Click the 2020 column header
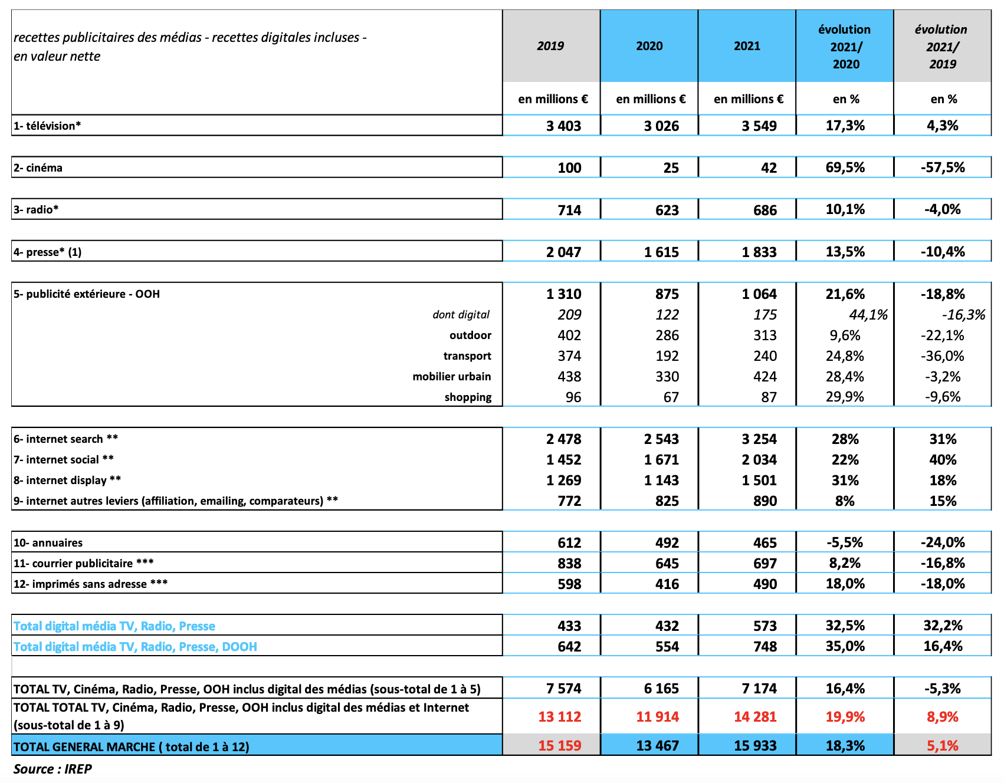pyautogui.click(x=649, y=46)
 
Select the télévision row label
pyautogui.click(x=47, y=126)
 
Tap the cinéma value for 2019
pyautogui.click(x=569, y=167)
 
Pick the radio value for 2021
pyautogui.click(x=765, y=210)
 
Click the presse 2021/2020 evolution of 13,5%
pyautogui.click(x=845, y=252)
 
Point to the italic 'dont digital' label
pyautogui.click(x=461, y=315)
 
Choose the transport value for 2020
pyautogui.click(x=667, y=356)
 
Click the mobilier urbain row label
pyautogui.click(x=451, y=377)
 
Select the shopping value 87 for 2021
pyautogui.click(x=768, y=397)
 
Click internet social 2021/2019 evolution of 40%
pyautogui.click(x=942, y=460)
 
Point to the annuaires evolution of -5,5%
pyautogui.click(x=845, y=542)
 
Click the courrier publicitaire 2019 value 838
pyautogui.click(x=569, y=564)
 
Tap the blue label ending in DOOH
pyautogui.click(x=135, y=647)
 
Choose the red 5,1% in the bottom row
pyautogui.click(x=942, y=746)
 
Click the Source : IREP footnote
pyautogui.click(x=53, y=769)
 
